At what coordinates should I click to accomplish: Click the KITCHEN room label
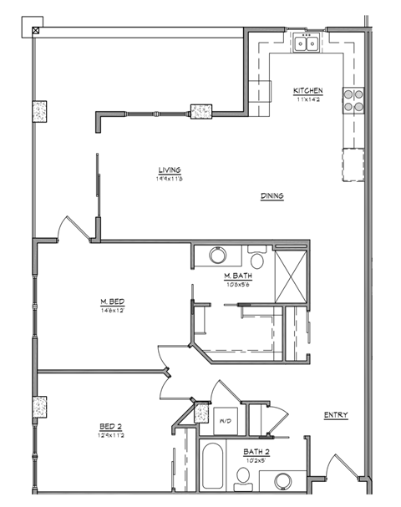[307, 90]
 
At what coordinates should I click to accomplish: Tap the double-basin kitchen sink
[307, 43]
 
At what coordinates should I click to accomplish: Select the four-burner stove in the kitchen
[354, 100]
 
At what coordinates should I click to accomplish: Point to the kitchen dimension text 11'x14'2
[307, 99]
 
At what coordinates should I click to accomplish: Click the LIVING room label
[169, 170]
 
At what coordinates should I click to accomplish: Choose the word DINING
[272, 196]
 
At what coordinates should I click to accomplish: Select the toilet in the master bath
[256, 259]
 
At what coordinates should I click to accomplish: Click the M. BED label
[112, 302]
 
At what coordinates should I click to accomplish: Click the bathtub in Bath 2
[211, 467]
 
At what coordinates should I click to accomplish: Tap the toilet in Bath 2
[244, 476]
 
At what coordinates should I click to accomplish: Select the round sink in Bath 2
[281, 482]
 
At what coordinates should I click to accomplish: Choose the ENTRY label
[336, 415]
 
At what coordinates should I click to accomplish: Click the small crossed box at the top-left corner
[35, 31]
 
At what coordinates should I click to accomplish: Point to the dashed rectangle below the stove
[353, 163]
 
